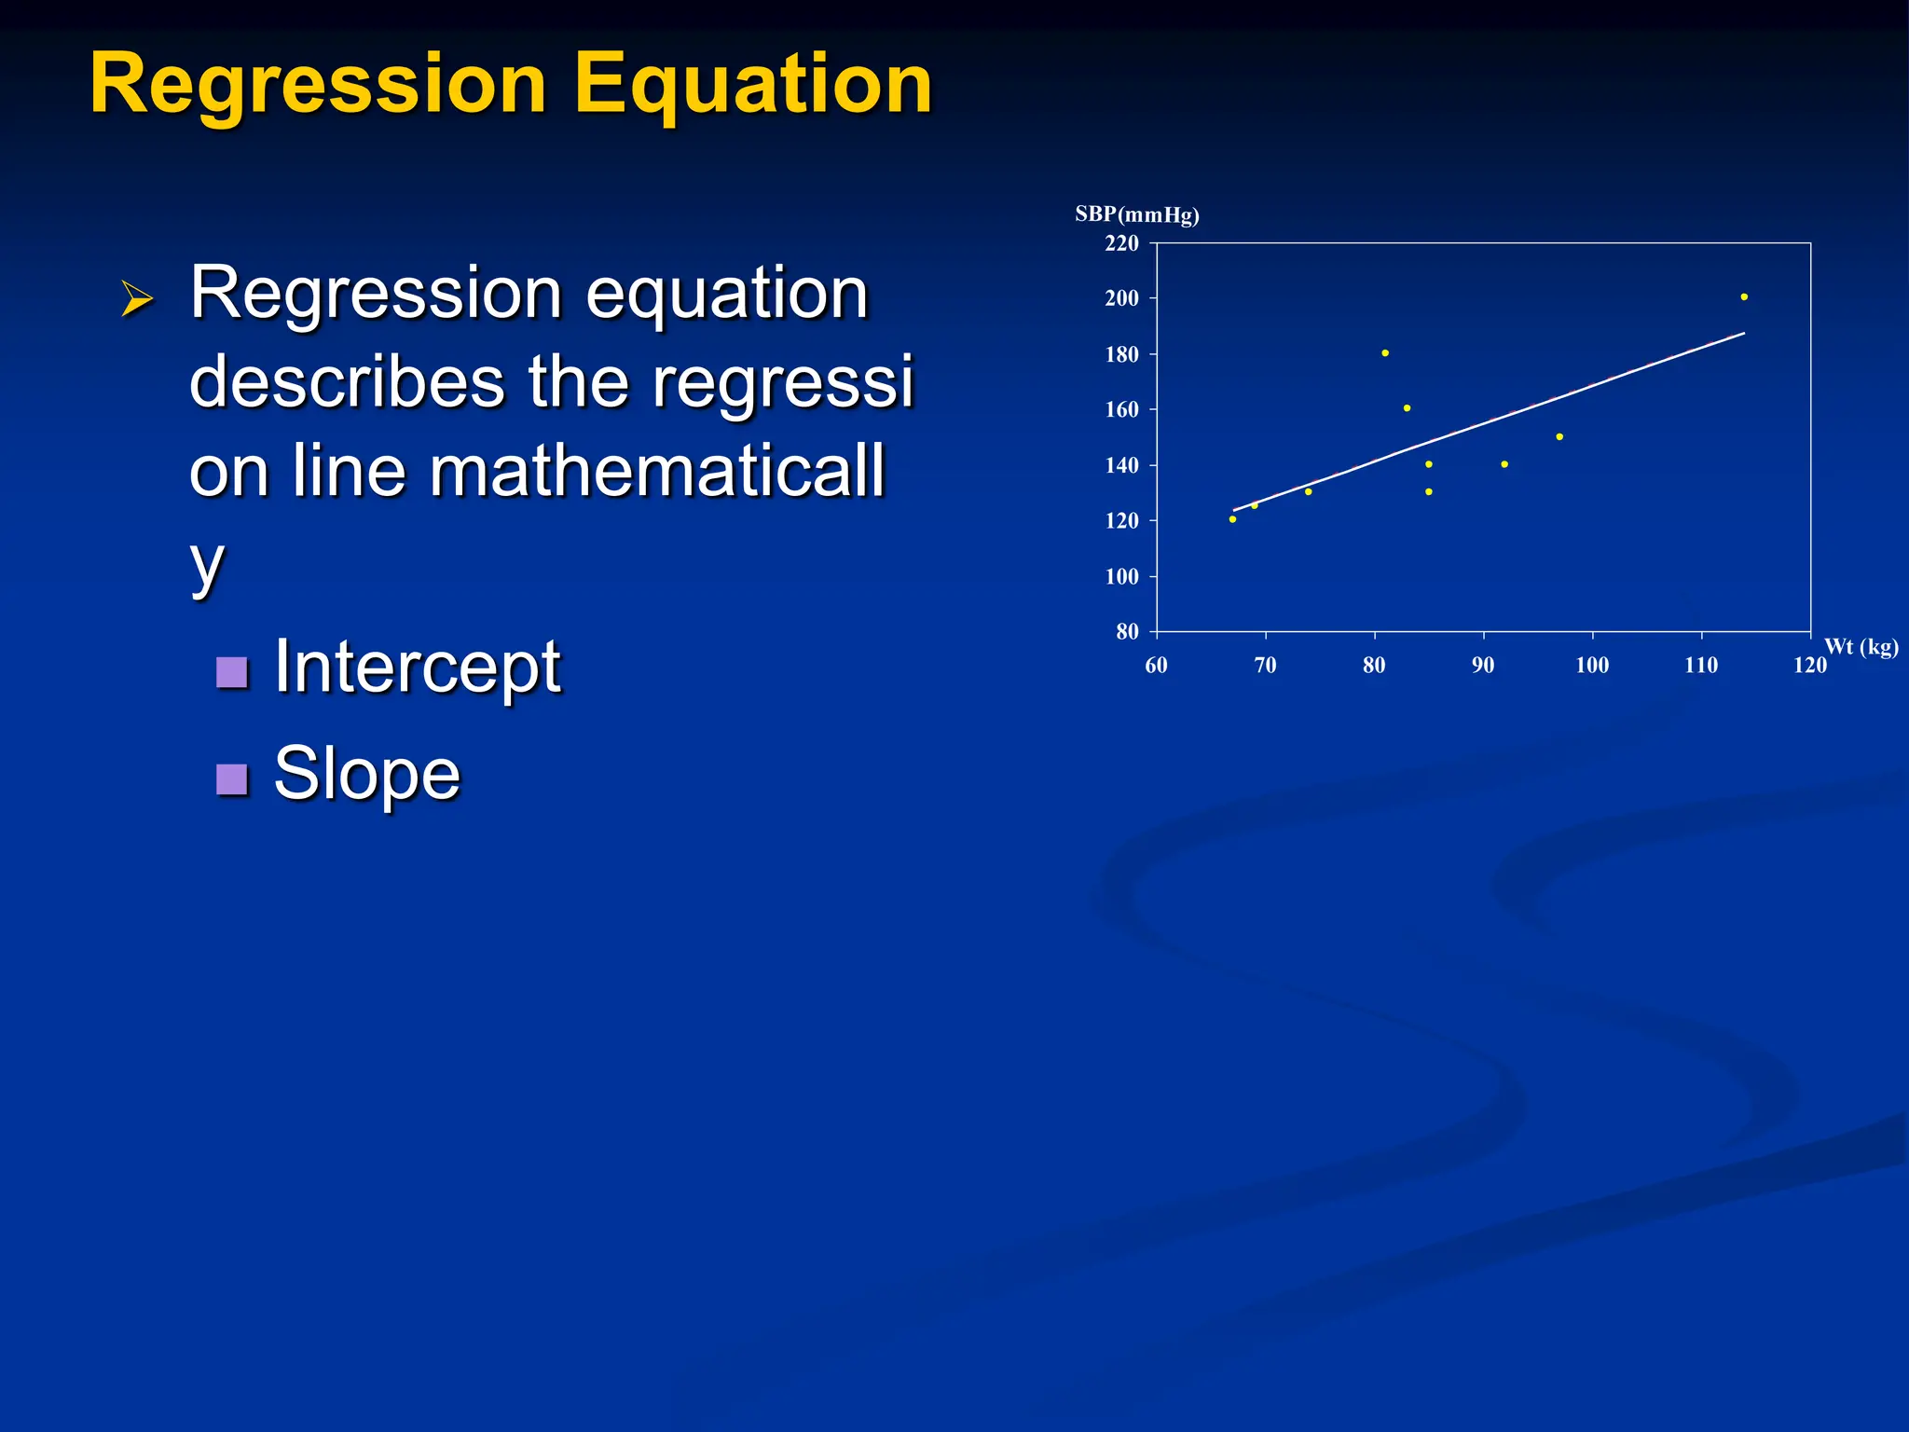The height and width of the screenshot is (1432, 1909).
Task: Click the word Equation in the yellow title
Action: coord(752,84)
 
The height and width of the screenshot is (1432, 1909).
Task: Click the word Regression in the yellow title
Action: coord(317,84)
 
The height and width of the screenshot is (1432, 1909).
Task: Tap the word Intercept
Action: coord(417,668)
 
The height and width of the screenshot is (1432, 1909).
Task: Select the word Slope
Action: coord(366,774)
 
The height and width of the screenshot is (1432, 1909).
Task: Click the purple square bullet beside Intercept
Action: coord(231,671)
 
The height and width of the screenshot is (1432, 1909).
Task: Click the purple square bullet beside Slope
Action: coord(231,778)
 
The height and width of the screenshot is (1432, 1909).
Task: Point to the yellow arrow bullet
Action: coord(137,299)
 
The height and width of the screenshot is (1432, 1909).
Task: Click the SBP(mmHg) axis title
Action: coord(1136,214)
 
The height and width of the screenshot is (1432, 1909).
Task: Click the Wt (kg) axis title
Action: coord(1861,646)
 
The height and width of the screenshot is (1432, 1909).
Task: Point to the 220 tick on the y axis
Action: coord(1121,243)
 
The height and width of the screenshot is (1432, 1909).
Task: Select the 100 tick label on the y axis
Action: coord(1121,577)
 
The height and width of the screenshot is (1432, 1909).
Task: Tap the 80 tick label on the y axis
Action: coord(1127,632)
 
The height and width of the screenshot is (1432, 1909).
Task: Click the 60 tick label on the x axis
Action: coord(1156,666)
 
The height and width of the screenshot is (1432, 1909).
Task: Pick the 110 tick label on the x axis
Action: coord(1701,666)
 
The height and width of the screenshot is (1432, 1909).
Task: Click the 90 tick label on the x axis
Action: coord(1483,666)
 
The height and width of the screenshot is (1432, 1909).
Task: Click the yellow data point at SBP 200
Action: coord(1744,297)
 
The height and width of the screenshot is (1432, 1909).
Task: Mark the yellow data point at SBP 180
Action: coord(1385,353)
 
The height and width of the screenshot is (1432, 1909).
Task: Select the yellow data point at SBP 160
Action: coord(1407,408)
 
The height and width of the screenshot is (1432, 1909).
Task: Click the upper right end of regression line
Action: coord(1742,334)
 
